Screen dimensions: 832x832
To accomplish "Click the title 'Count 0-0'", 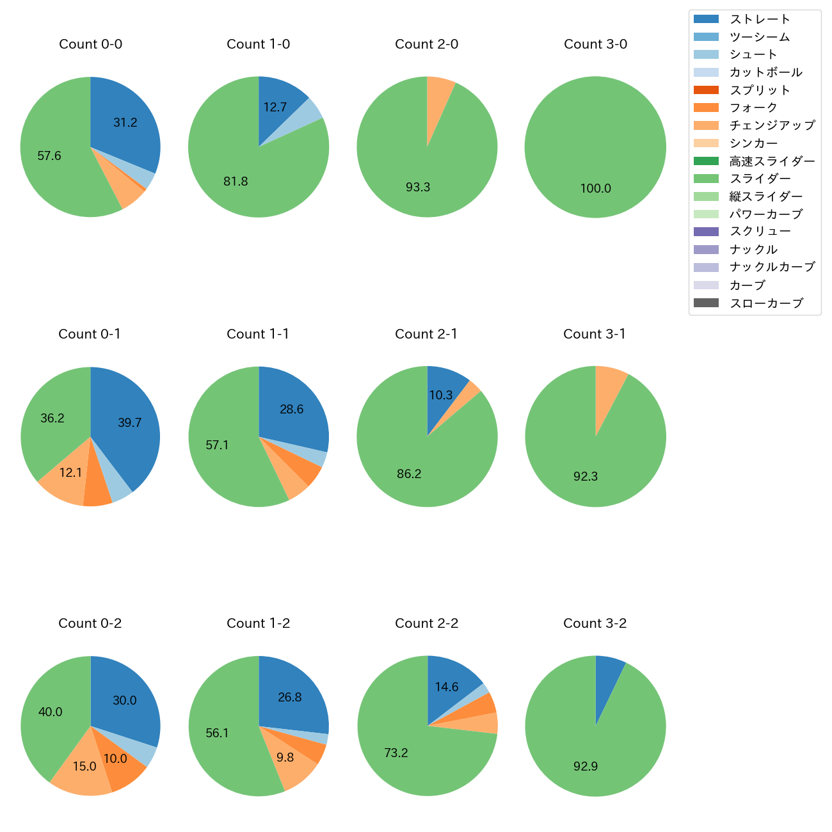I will tap(90, 44).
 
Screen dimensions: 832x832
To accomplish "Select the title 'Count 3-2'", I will tap(595, 623).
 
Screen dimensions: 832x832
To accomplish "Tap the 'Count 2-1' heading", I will tap(426, 334).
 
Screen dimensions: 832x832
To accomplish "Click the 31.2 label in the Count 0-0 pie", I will tap(125, 122).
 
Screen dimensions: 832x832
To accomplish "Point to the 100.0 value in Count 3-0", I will tap(595, 188).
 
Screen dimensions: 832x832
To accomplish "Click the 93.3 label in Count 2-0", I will tap(418, 187).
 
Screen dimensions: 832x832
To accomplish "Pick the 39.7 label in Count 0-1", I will tap(130, 422).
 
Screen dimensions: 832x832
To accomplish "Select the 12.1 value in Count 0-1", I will tap(70, 472).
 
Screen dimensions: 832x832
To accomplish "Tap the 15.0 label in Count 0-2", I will tap(84, 766).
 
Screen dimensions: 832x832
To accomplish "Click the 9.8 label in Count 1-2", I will tap(285, 757).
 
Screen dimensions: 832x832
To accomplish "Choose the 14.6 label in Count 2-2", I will tap(447, 687).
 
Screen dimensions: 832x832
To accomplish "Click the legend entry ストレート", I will tap(760, 19).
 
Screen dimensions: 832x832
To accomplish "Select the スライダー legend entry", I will tap(760, 179).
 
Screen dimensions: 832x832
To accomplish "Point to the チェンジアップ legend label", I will tap(772, 125).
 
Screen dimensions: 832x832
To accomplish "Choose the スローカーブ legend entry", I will tap(766, 303).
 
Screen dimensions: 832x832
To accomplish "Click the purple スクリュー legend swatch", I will tap(706, 232).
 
